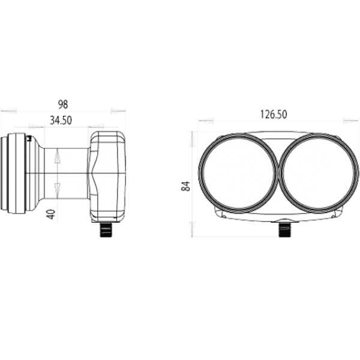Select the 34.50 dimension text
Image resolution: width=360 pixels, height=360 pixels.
coord(61,121)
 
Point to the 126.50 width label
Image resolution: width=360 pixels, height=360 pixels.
coord(272,113)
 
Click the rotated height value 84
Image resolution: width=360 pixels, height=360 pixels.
coord(185,186)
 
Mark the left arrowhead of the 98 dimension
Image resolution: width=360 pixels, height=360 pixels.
coord(8,110)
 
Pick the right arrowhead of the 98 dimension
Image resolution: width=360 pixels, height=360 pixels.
coord(118,110)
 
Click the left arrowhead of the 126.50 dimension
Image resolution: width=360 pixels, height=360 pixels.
coord(206,121)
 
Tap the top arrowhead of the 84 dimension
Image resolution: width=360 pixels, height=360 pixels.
coord(192,139)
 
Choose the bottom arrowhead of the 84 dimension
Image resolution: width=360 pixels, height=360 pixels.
coord(192,229)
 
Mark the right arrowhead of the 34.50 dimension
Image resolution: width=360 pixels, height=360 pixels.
coord(96,127)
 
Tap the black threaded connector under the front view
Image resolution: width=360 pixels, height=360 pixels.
coord(284,229)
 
